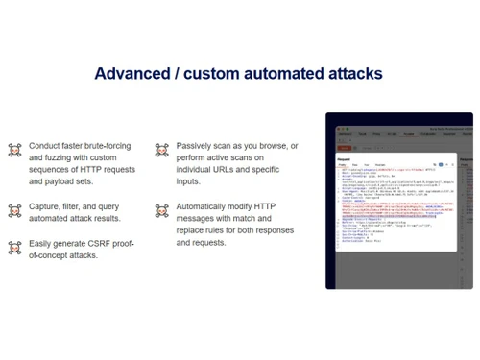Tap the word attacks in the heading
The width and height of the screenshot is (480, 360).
click(x=352, y=74)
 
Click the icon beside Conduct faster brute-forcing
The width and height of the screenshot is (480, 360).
click(x=14, y=150)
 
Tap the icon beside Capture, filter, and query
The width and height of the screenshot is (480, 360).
click(x=14, y=209)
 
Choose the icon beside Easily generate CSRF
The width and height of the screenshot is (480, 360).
click(x=14, y=248)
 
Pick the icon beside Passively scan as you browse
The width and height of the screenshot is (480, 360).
click(x=161, y=150)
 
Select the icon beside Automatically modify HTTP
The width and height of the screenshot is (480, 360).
click(x=161, y=209)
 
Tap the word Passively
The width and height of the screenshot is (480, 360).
click(x=197, y=145)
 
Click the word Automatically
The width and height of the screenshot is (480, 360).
click(x=210, y=205)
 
